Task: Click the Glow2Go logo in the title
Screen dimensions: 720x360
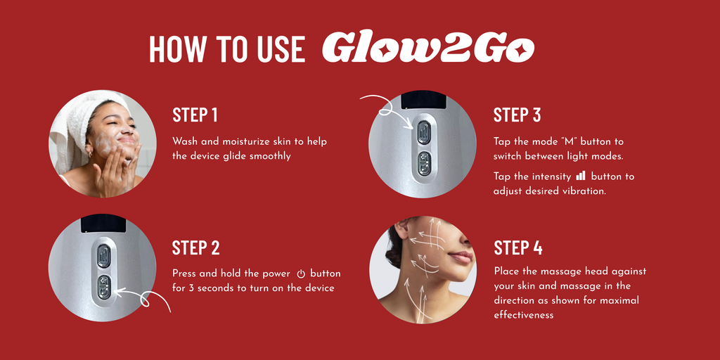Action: click(x=427, y=48)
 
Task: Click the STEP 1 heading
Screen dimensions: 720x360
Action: click(x=195, y=115)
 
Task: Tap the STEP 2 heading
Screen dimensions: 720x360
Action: click(x=195, y=247)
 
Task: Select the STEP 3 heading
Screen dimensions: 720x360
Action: click(x=517, y=115)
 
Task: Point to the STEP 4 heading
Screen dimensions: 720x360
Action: click(x=518, y=247)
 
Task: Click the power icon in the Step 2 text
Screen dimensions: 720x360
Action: click(x=301, y=274)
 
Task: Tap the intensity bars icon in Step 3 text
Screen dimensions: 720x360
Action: click(x=580, y=176)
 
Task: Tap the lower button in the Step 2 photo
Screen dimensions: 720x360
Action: click(x=104, y=287)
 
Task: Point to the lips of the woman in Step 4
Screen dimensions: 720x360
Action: click(x=463, y=257)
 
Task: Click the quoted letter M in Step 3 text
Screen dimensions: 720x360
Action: click(x=563, y=141)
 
